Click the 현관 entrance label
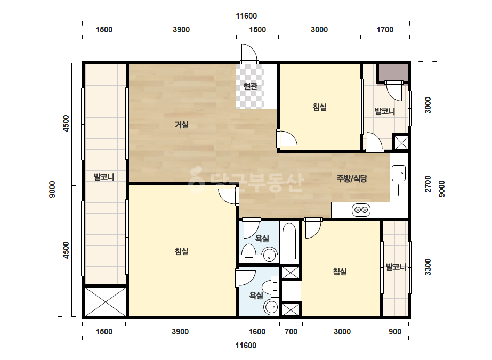(250, 86)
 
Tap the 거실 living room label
(182, 125)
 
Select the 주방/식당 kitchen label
(351, 178)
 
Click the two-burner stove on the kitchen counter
(361, 210)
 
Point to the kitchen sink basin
(399, 173)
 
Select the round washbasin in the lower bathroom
(271, 307)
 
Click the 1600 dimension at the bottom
(257, 332)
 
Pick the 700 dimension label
(291, 332)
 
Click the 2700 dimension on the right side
(428, 184)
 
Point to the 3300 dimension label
(428, 267)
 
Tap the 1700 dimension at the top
(385, 30)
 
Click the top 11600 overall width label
(246, 16)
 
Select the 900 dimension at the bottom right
(395, 332)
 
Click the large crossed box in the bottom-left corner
(106, 301)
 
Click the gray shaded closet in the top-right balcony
(393, 72)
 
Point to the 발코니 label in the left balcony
(104, 177)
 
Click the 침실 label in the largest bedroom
(182, 251)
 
